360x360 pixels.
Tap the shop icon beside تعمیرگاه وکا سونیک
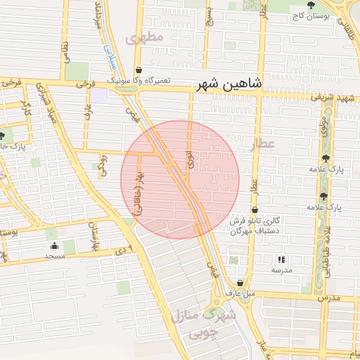(x=139, y=70)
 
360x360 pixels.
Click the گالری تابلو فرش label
(x=257, y=221)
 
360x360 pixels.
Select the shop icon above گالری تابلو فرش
(x=254, y=210)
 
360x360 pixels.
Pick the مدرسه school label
(x=282, y=270)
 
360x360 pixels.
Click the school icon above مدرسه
(x=282, y=259)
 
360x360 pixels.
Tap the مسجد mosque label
(x=54, y=256)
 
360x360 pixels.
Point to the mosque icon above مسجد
(x=54, y=245)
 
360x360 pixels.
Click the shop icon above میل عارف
(x=233, y=281)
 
